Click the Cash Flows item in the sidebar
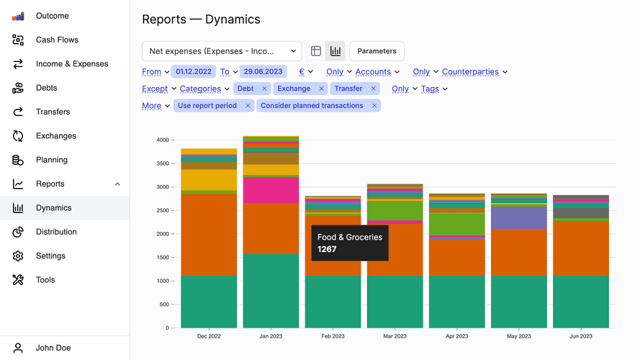click(x=57, y=40)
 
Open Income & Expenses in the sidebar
click(x=72, y=64)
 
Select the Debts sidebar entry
click(x=46, y=88)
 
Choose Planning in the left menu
click(x=51, y=160)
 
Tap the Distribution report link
click(x=56, y=232)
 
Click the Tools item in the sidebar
click(x=45, y=280)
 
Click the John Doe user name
click(x=53, y=348)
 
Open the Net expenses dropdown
click(x=222, y=51)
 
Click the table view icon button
click(x=315, y=51)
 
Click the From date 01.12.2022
click(x=193, y=71)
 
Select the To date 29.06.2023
click(x=263, y=71)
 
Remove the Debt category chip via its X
click(x=264, y=89)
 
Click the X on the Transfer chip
click(x=373, y=89)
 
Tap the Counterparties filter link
click(x=470, y=71)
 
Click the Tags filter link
click(x=430, y=89)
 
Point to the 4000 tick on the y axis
click(x=163, y=140)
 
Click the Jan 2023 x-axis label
click(x=271, y=336)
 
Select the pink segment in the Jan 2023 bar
click(x=271, y=190)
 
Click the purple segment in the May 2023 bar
click(x=519, y=217)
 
